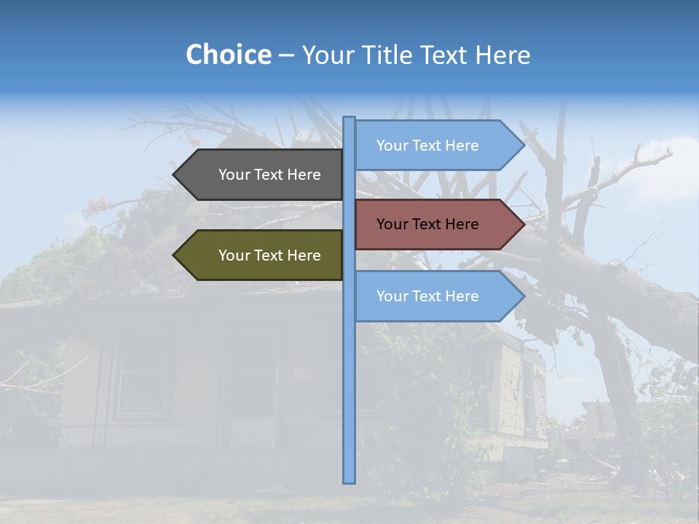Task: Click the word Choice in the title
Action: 228,55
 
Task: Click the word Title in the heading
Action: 388,55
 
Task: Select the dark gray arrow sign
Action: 262,175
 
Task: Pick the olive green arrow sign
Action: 262,255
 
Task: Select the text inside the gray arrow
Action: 269,175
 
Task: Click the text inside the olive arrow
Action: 269,255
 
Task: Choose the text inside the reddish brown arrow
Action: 427,224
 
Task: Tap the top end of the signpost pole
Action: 349,119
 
